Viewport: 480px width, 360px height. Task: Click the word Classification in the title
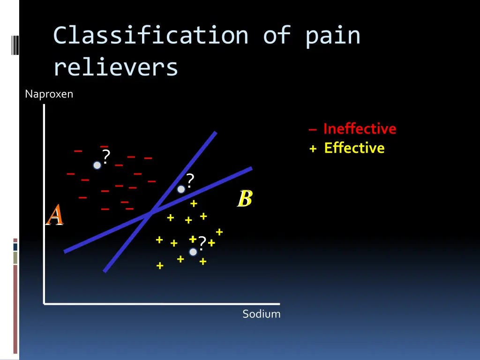pos(150,36)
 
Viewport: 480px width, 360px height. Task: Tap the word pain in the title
pos(333,36)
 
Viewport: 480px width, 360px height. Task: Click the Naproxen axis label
pos(49,94)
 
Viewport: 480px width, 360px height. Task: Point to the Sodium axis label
pos(261,314)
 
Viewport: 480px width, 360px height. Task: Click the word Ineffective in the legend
pos(360,129)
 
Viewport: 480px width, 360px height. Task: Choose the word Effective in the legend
pos(354,148)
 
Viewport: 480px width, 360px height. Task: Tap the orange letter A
pos(55,215)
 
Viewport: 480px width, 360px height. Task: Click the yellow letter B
pos(245,199)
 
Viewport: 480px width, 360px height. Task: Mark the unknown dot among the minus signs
pos(97,165)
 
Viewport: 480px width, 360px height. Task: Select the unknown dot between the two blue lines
pos(181,189)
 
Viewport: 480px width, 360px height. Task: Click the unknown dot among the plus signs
pos(193,252)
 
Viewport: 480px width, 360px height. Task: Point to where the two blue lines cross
pos(150,213)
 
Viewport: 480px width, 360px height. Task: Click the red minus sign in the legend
pos(313,130)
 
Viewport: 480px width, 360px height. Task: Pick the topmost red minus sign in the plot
pos(104,147)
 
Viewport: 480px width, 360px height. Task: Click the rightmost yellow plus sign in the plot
pos(219,232)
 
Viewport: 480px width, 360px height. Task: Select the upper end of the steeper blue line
pos(215,133)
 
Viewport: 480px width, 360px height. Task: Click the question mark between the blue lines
pos(189,180)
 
